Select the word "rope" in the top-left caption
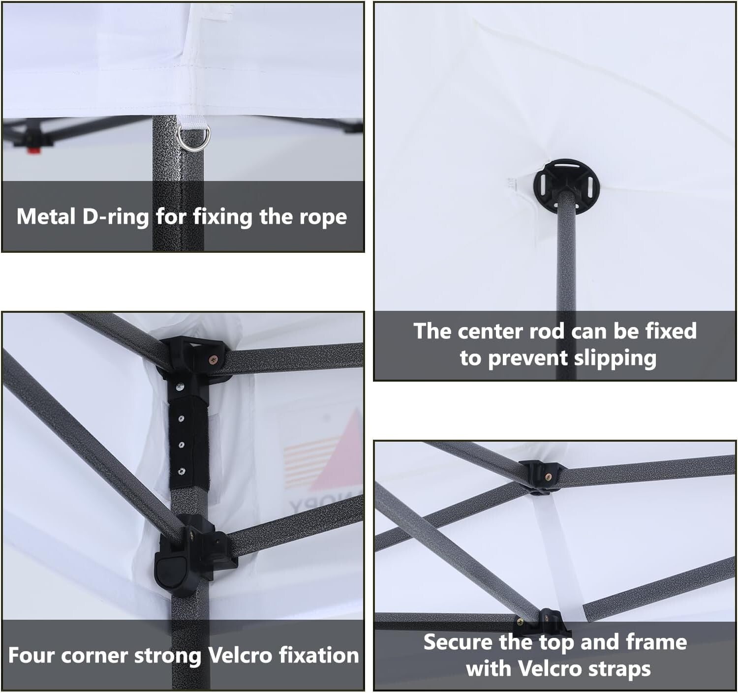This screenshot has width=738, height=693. point(323,217)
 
